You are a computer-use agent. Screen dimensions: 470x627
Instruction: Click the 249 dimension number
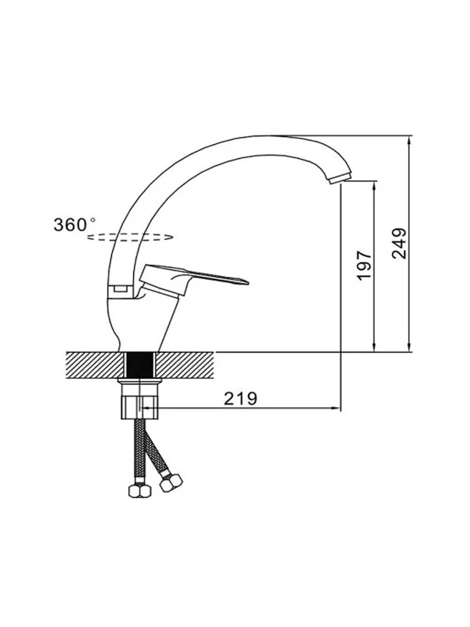pos(399,243)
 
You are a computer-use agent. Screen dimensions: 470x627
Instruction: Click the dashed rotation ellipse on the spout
pos(130,237)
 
